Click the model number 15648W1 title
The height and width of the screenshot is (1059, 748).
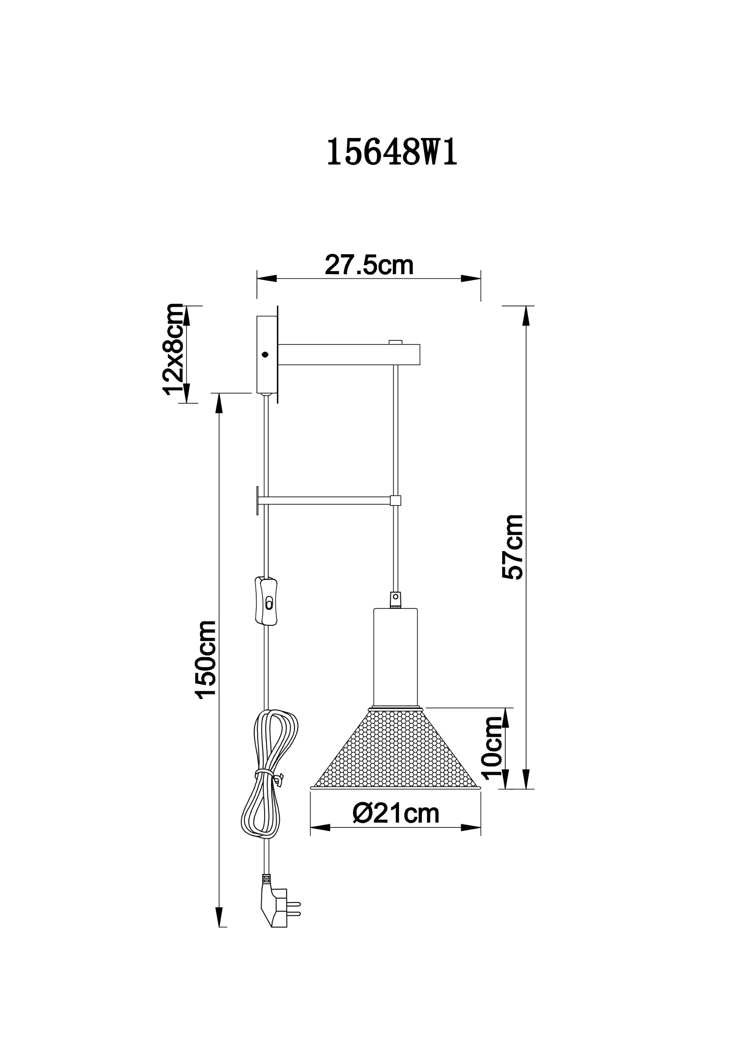pyautogui.click(x=392, y=152)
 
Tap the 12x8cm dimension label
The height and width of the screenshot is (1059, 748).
pyautogui.click(x=173, y=349)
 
